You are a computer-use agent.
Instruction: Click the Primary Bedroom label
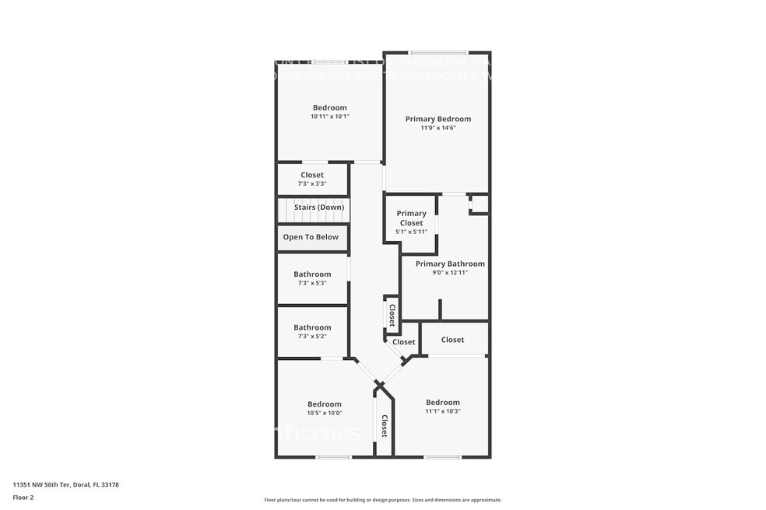point(437,119)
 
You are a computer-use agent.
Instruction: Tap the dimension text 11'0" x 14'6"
point(437,127)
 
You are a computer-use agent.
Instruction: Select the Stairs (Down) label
point(318,207)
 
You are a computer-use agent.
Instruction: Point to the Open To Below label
point(311,237)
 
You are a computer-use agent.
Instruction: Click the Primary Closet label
point(411,218)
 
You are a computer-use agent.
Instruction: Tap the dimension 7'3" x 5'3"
point(311,283)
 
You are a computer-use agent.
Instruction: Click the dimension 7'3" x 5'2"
point(311,336)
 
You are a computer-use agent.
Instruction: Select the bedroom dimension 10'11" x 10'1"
point(329,117)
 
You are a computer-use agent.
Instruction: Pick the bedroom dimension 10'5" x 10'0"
point(324,413)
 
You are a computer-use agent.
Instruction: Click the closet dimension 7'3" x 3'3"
point(311,183)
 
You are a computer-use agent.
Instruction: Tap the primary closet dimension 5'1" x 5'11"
point(411,232)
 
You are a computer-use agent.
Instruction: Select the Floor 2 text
point(23,497)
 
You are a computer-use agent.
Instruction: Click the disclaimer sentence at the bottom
point(382,500)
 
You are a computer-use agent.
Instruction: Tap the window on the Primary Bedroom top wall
point(437,53)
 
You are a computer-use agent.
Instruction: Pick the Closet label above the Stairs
point(311,175)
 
